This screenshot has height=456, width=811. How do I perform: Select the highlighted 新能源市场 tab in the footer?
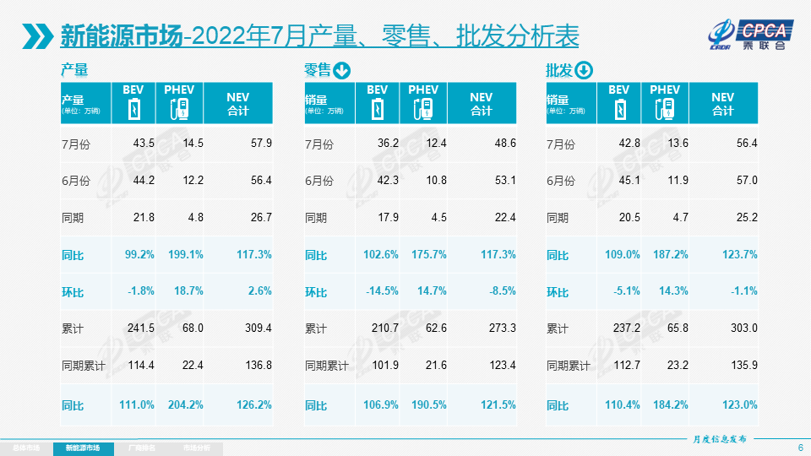[x=82, y=448]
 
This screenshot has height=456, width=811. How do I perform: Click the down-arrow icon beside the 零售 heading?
[x=342, y=71]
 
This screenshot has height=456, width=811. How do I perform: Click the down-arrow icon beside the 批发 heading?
[x=585, y=71]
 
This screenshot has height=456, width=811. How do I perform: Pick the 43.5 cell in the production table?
[x=144, y=144]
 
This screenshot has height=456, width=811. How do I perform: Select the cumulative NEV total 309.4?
[x=256, y=328]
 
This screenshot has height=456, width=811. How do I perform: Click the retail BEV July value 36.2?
[x=388, y=144]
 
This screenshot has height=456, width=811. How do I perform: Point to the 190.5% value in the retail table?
[x=427, y=404]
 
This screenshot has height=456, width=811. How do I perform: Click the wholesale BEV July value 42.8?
[x=629, y=144]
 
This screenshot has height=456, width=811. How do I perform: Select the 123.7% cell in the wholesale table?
[x=740, y=254]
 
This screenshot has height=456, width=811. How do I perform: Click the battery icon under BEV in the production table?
[x=133, y=109]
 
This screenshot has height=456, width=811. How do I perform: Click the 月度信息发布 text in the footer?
[x=719, y=439]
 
